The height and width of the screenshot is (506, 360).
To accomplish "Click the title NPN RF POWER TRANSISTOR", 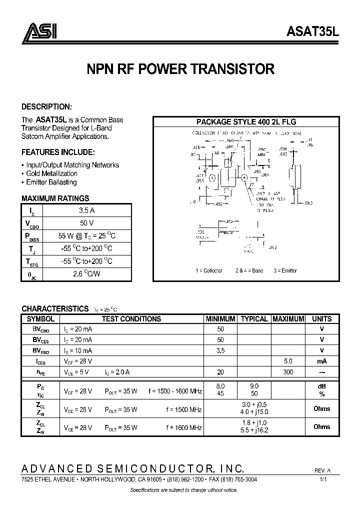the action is coord(180,69).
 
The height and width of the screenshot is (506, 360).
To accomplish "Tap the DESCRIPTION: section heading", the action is coord(46,107).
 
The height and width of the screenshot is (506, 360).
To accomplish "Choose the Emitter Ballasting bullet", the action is coord(51,182).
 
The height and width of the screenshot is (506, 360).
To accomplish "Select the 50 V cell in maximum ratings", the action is coord(83,222).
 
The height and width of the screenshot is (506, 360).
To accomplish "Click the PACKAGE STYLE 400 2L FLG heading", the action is coord(246,121).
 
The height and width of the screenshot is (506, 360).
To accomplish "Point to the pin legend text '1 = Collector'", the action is coord(209,270).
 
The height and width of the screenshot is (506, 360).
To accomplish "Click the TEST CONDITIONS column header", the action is coord(131,319).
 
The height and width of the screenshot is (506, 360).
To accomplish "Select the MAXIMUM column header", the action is coord(288,319).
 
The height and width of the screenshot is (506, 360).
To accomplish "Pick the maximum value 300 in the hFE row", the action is coord(288,371).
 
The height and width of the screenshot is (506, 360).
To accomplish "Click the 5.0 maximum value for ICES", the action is coord(288,361).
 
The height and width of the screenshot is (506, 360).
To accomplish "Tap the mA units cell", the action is coord(321,361).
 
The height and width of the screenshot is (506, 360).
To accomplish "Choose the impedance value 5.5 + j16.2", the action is coord(254,430).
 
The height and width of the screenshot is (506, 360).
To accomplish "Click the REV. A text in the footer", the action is coord(323,471).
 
